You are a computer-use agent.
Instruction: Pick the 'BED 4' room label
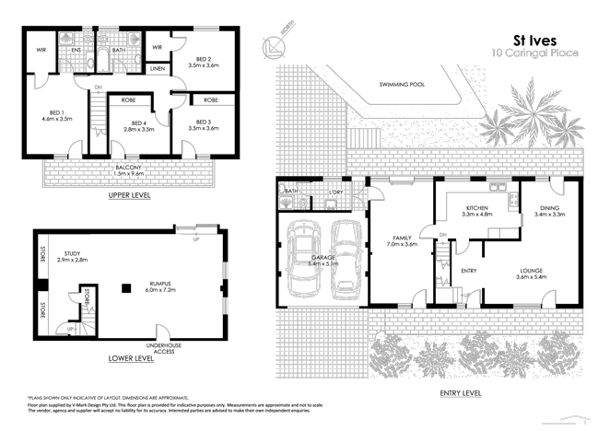138,123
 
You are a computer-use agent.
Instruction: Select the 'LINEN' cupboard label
158,69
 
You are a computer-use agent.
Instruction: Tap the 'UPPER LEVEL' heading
129,196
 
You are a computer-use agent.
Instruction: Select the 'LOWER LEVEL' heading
131,357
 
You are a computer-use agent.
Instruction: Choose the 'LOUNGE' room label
531,271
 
